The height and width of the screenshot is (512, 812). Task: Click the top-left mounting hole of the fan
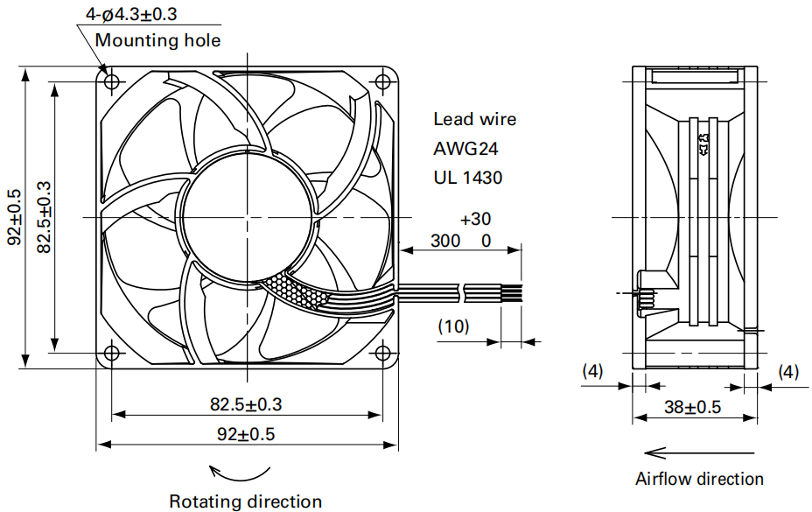(112, 81)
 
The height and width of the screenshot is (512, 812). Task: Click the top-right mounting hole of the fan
(382, 81)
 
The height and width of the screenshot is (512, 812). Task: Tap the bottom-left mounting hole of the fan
(112, 353)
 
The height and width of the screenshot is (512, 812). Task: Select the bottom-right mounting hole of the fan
(382, 353)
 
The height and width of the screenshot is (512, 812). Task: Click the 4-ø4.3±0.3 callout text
(131, 14)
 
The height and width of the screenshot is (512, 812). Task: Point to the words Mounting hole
(158, 40)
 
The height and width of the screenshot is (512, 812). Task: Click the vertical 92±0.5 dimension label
(15, 217)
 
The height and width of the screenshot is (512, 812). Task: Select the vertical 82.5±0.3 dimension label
(44, 217)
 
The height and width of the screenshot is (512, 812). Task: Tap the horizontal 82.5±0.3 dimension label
(246, 404)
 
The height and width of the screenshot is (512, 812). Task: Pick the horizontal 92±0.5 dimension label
(246, 434)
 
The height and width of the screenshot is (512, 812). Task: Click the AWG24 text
(465, 149)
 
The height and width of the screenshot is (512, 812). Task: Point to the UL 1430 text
(468, 178)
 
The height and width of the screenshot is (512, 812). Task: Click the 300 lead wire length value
(445, 241)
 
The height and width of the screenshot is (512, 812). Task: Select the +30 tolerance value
(475, 219)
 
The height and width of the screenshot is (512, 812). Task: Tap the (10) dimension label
(453, 326)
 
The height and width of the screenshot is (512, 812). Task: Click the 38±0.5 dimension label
(692, 407)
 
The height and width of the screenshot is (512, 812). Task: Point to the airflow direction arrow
(699, 453)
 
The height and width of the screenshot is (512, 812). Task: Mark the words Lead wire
(475, 119)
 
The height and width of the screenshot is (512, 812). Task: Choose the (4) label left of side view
(593, 371)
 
